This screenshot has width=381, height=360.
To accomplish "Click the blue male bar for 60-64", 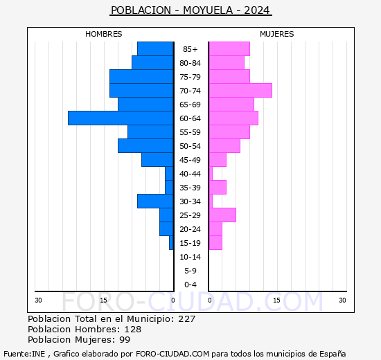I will [121, 118].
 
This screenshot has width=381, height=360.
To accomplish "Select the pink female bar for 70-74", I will [240, 91].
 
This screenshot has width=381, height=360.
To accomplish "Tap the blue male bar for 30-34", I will [155, 201].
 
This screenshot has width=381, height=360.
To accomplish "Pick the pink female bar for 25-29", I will [222, 215].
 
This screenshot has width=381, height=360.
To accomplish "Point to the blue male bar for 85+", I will [155, 49].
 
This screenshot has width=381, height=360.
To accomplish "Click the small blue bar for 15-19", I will [171, 243].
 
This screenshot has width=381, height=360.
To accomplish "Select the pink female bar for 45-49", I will [218, 160].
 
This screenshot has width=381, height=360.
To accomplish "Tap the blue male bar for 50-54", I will [145, 146].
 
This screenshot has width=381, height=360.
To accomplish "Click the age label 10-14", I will [190, 257].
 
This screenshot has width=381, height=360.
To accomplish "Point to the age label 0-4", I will [190, 285].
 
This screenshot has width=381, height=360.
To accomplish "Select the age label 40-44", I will [190, 174].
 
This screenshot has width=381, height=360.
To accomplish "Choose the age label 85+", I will [190, 49].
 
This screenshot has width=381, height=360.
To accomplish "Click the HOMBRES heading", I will [104, 34].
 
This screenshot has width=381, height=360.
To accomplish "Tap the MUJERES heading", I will [276, 34].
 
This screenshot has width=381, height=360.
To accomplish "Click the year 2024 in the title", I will [258, 10].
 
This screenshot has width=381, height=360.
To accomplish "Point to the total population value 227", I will [186, 319].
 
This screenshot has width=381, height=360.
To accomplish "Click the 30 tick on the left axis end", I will [38, 300].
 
